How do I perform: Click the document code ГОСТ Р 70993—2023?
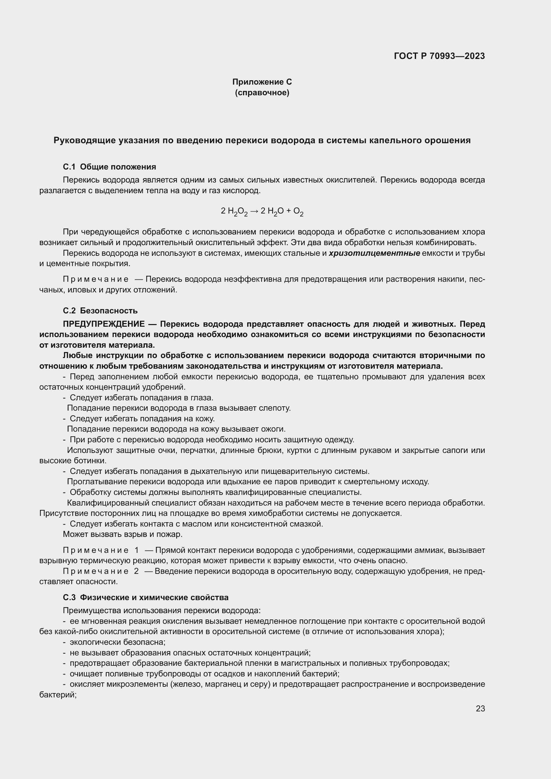pos(439,56)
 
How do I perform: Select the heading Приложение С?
pos(262,82)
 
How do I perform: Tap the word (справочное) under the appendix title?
pos(262,93)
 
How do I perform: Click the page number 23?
pos(480,708)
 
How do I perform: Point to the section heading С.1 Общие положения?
pos(109,167)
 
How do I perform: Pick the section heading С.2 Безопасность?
pos(100,310)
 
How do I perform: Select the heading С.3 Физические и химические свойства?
pos(146,597)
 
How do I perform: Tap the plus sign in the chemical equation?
pos(288,211)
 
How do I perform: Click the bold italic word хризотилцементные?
pos(374,253)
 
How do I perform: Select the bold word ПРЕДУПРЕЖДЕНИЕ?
pos(104,324)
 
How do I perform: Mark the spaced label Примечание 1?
pos(101,550)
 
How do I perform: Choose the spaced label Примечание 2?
pos(101,571)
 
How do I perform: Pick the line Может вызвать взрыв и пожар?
pos(123,534)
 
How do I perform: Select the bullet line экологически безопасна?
pos(117,642)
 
